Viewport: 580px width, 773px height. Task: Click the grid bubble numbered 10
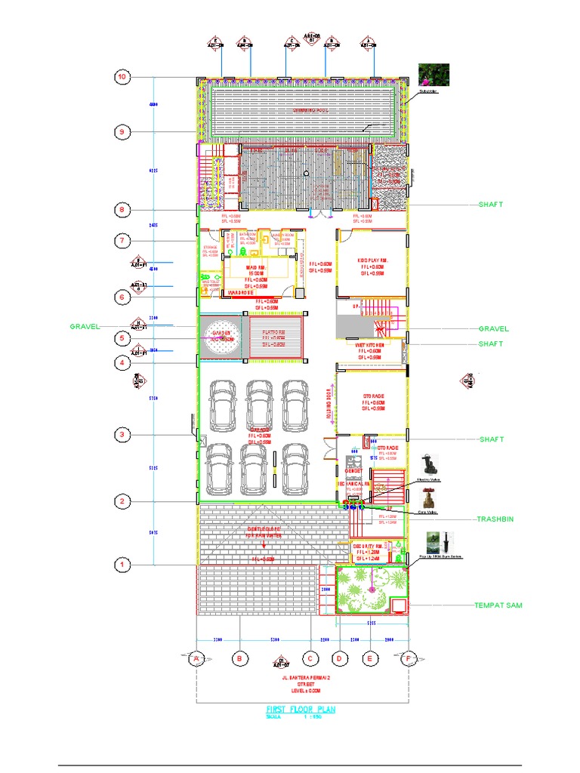click(122, 77)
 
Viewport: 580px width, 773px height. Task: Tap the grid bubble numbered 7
click(122, 241)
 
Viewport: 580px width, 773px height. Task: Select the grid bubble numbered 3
click(122, 434)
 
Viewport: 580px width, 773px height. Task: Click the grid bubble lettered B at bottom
click(239, 659)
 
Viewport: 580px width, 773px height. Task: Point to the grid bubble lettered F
click(410, 659)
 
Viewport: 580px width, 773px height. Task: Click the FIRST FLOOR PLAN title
click(301, 710)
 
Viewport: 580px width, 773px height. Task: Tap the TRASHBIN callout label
click(495, 520)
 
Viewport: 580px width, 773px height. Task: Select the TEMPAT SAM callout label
click(498, 605)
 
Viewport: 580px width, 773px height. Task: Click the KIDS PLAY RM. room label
click(372, 260)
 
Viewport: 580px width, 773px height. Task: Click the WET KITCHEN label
click(371, 346)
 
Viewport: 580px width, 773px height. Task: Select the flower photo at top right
click(433, 74)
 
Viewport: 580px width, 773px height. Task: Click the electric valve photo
click(428, 463)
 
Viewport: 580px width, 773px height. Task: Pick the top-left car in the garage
click(223, 403)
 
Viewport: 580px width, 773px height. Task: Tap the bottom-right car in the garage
click(295, 468)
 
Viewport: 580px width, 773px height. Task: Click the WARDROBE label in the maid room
click(240, 292)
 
